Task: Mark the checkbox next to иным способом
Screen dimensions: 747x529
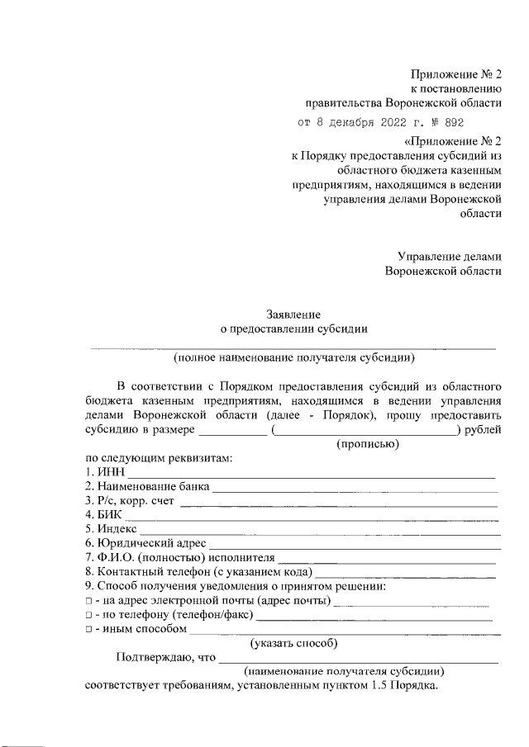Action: (x=88, y=630)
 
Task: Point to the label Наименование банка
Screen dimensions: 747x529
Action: (x=153, y=487)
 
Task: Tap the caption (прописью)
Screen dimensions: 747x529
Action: (x=367, y=444)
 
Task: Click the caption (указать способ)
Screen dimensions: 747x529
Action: (x=293, y=644)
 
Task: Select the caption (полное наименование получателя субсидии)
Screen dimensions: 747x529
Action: (x=293, y=357)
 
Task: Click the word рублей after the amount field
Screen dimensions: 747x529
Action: (x=484, y=429)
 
